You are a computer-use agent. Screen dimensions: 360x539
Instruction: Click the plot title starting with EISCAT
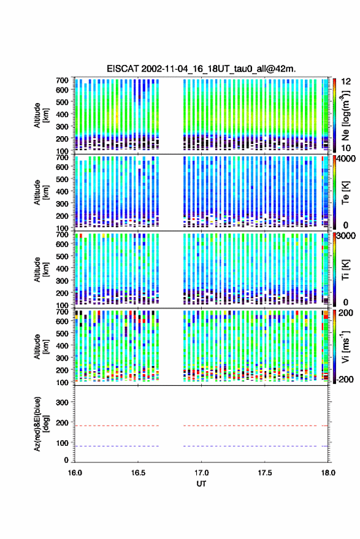[x=201, y=69]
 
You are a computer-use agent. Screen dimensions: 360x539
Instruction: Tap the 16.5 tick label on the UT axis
[x=138, y=473]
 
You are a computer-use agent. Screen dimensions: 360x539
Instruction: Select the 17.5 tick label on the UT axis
[x=264, y=473]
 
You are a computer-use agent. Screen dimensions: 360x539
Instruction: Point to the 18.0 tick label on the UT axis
[x=328, y=473]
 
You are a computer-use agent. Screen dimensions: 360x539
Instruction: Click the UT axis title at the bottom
[x=201, y=484]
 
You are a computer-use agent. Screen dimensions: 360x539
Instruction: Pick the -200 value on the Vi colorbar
[x=345, y=379]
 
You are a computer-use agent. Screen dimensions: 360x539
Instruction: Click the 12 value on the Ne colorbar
[x=347, y=82]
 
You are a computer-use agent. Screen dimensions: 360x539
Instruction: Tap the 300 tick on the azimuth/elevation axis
[x=62, y=402]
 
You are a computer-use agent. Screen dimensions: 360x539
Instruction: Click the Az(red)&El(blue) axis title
[x=40, y=424]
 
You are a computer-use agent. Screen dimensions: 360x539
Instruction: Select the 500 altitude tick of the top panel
[x=62, y=102]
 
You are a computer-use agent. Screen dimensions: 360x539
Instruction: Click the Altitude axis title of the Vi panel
[x=40, y=346]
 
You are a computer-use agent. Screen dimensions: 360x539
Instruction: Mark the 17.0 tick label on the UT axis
[x=201, y=473]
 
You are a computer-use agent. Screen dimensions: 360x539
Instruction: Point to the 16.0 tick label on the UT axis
[x=75, y=473]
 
